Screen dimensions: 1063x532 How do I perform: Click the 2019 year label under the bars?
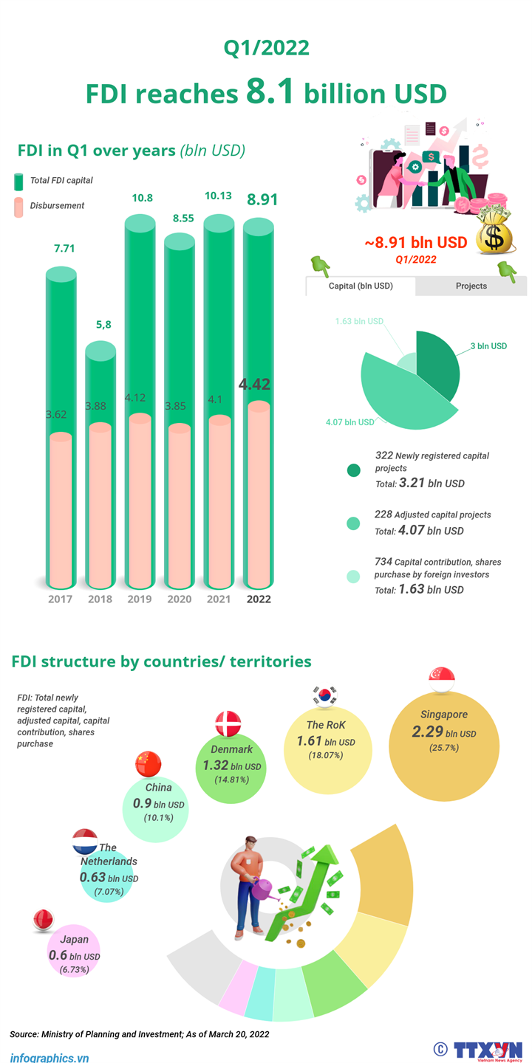[140, 599]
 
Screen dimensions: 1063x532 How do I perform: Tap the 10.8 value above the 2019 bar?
[142, 198]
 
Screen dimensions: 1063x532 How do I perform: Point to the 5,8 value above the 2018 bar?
[101, 324]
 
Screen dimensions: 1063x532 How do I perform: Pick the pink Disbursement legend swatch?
[18, 207]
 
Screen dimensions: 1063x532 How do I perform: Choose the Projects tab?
[471, 286]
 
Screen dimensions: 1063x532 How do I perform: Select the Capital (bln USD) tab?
[361, 286]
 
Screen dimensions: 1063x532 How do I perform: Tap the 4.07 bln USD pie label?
[349, 422]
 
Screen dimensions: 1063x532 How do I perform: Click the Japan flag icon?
[44, 919]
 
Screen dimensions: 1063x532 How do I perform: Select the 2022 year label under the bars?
[258, 599]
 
